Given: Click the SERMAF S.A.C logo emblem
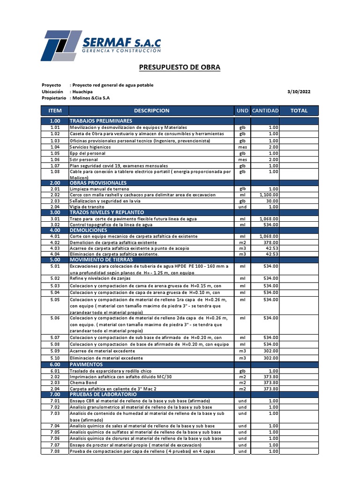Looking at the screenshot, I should pyautogui.click(x=60, y=45).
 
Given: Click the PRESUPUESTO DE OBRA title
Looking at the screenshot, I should pyautogui.click(x=180, y=67).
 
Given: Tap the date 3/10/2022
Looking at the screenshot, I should pyautogui.click(x=298, y=92).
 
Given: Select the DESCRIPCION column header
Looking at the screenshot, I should pyautogui.click(x=151, y=111).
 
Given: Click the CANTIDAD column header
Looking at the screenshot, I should pyautogui.click(x=265, y=111).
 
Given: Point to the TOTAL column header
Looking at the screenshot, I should pyautogui.click(x=299, y=111).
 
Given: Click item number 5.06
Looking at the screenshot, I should pyautogui.click(x=55, y=318).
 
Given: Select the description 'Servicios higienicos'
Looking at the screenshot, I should pyautogui.click(x=90, y=147).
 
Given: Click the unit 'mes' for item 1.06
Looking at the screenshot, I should pyautogui.click(x=242, y=159).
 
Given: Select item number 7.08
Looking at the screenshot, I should pyautogui.click(x=55, y=451).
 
